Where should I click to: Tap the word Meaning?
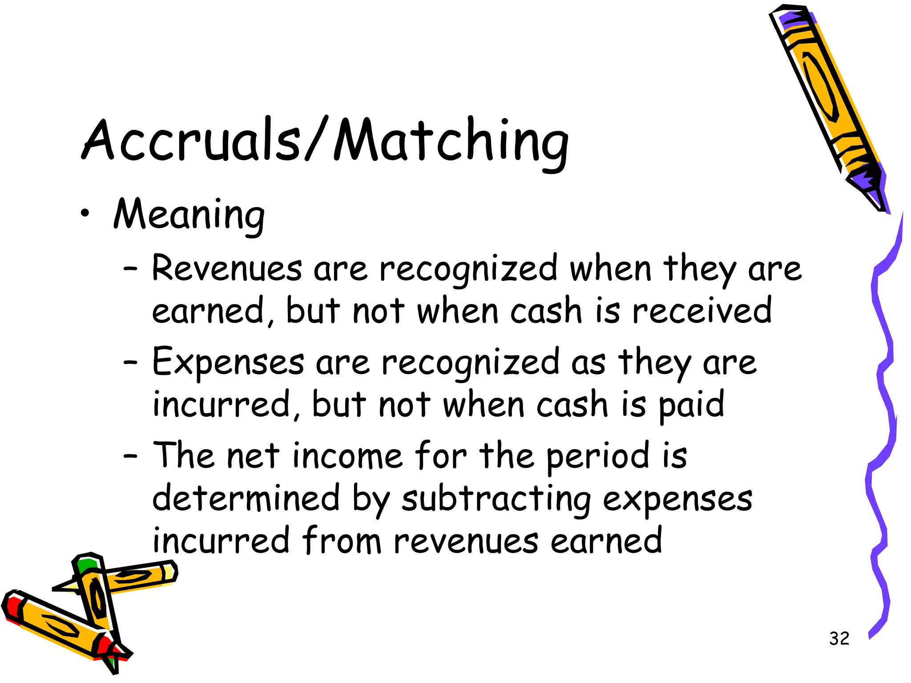pyautogui.click(x=189, y=215)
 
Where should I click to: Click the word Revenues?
pyautogui.click(x=227, y=269)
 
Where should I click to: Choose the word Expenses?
pyautogui.click(x=228, y=362)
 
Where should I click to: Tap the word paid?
pyautogui.click(x=691, y=405)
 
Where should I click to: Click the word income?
pyautogui.click(x=347, y=456)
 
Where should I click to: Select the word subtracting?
pyautogui.click(x=496, y=500)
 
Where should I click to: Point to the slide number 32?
pyautogui.click(x=839, y=639)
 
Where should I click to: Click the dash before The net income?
pyautogui.click(x=130, y=456)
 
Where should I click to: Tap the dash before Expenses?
pyautogui.click(x=130, y=362)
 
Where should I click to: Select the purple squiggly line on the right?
pyautogui.click(x=883, y=422)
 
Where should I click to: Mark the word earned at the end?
pyautogui.click(x=606, y=541)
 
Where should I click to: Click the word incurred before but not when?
pyautogui.click(x=222, y=405)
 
